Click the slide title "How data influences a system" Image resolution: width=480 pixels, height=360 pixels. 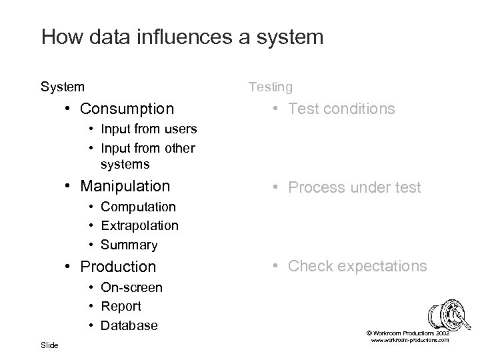(182, 36)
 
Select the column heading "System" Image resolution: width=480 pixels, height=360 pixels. (63, 87)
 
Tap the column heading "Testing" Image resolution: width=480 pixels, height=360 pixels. (270, 87)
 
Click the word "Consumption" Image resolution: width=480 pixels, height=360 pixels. (127, 108)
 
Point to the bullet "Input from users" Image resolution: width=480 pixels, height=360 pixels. (149, 128)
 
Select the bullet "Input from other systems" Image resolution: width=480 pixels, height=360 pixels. (147, 155)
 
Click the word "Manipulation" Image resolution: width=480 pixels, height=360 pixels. (125, 186)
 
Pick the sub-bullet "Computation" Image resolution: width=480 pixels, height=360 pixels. (138, 207)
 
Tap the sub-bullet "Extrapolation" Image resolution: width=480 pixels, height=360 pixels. (139, 226)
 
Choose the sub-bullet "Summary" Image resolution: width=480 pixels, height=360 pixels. (129, 245)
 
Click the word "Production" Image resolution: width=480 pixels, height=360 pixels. (118, 267)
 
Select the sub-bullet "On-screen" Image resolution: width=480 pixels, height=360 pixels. (131, 287)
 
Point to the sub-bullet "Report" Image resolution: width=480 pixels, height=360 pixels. (121, 307)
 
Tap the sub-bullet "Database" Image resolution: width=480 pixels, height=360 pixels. (129, 326)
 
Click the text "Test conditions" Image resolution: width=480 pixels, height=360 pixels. (341, 109)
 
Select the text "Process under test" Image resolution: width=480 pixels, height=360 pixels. (354, 188)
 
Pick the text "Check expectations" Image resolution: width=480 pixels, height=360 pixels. (357, 266)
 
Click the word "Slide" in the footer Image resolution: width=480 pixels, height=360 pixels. (49, 345)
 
